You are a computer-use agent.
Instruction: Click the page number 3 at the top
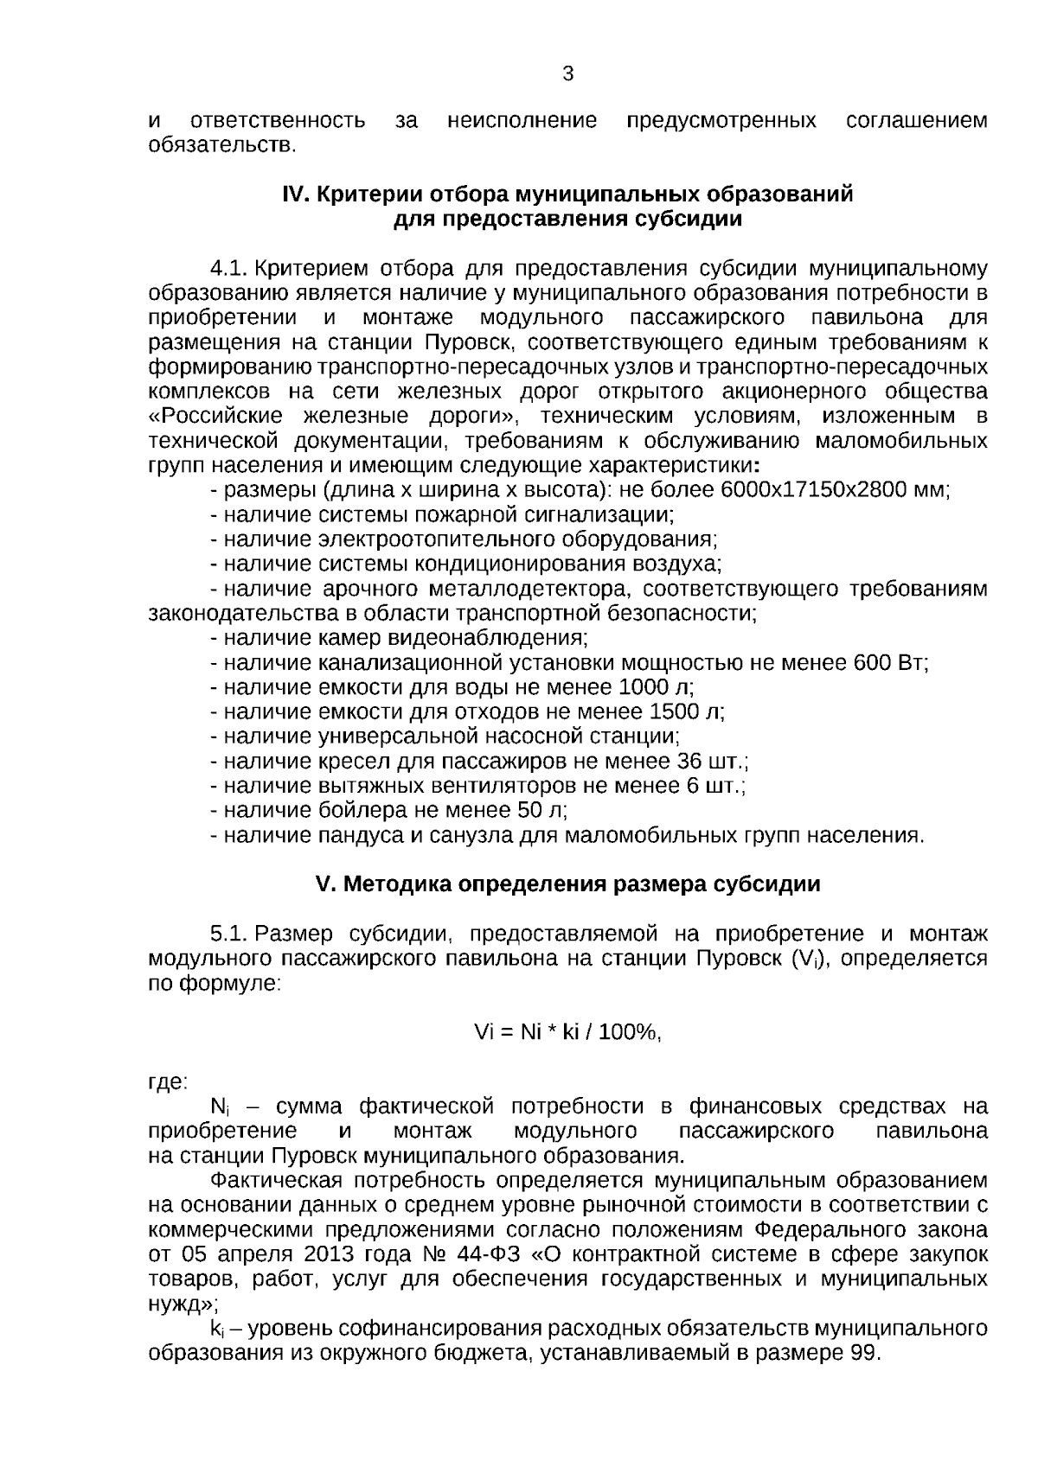567,74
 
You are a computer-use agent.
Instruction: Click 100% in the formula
628,1032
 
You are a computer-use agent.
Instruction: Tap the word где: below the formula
168,1081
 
